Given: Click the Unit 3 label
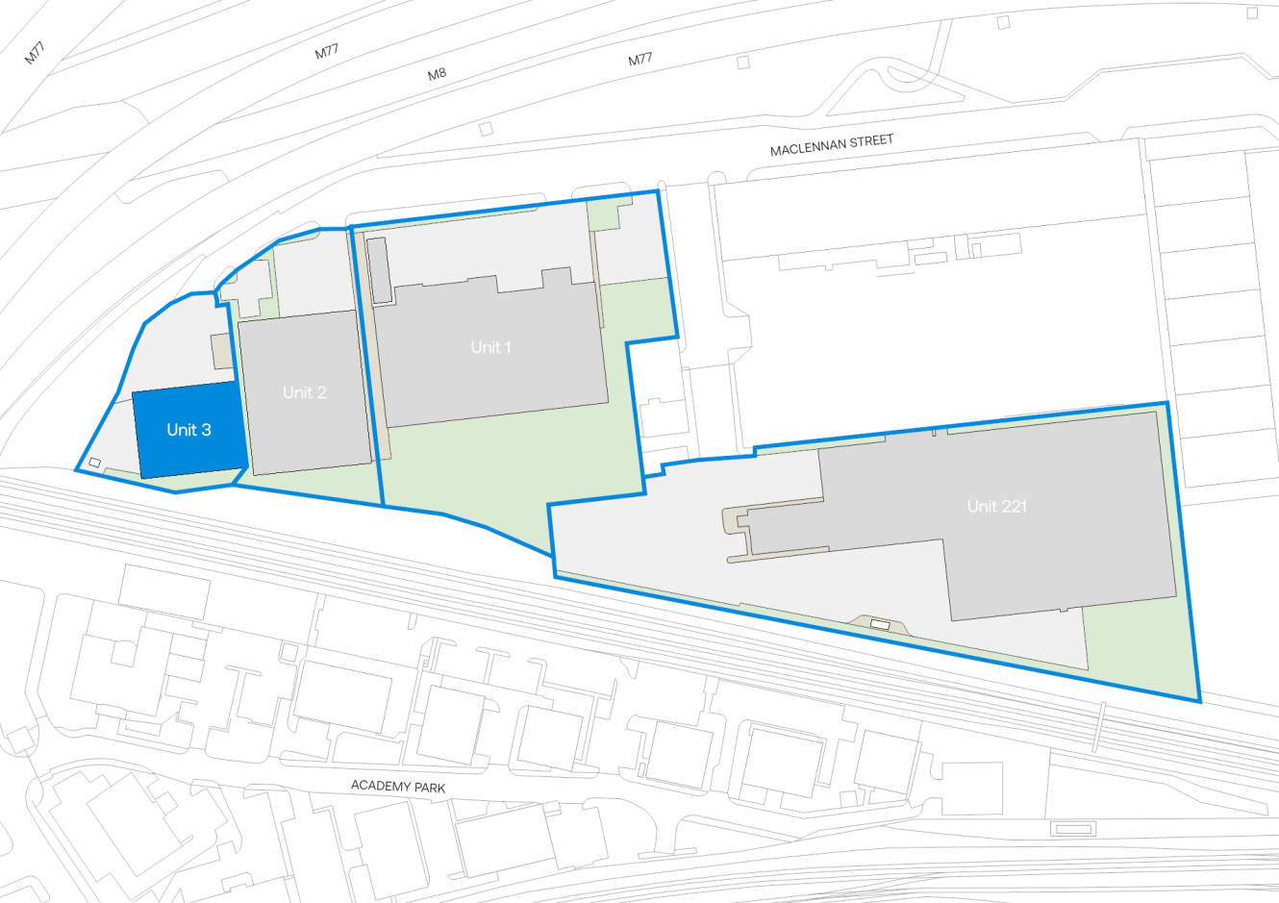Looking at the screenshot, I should point(188,430).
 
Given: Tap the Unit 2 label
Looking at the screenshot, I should point(304,392).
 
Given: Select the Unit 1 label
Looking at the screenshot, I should point(490,347).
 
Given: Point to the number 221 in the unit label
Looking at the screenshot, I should point(1011,506).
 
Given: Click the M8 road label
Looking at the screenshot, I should point(437,73).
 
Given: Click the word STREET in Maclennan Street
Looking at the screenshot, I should point(870,141).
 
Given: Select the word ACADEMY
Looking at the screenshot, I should point(380,786).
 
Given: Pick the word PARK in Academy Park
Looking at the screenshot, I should point(429,788).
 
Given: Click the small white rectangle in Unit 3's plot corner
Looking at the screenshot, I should point(94,463).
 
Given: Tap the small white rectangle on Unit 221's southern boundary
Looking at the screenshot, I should point(880,625).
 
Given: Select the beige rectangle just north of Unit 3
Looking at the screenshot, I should point(221,351).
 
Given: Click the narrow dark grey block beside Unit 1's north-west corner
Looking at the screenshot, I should point(379,270).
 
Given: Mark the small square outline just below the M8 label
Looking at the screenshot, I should point(486,129).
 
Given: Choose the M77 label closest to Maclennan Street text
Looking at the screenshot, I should point(639,60).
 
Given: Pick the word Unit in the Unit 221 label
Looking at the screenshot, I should point(981,506).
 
